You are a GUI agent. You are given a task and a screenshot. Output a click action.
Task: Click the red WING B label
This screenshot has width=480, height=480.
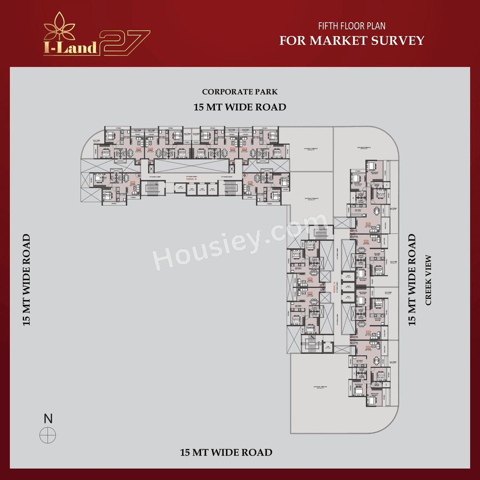(191, 179)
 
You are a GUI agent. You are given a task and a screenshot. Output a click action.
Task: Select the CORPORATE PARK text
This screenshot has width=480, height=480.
(240, 92)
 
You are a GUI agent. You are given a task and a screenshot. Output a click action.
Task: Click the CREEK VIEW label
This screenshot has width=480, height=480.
(428, 280)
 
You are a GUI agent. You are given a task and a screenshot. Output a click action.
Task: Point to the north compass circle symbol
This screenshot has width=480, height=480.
(48, 435)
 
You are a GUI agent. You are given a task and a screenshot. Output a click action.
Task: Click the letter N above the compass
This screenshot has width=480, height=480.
(48, 418)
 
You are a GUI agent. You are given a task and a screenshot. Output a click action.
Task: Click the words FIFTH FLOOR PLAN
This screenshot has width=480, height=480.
(352, 26)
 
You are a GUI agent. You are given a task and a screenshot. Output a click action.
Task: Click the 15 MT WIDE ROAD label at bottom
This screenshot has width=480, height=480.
(226, 453)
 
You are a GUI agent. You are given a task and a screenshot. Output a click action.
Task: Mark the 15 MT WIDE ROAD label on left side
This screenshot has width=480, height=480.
(26, 280)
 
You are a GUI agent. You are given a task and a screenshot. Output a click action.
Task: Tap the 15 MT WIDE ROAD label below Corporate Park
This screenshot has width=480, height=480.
(240, 107)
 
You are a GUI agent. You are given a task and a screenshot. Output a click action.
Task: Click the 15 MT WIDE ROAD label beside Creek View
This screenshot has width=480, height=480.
(412, 280)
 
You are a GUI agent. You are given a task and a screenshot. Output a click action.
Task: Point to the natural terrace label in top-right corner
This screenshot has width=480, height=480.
(364, 148)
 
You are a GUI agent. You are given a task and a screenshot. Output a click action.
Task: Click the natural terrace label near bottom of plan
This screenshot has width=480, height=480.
(320, 387)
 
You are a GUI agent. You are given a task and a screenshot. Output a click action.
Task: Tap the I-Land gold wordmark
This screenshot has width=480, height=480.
(70, 48)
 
